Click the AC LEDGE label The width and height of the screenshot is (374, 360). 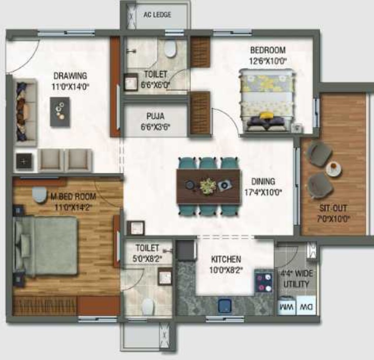click(x=157, y=15)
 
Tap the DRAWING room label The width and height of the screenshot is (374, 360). click(x=71, y=76)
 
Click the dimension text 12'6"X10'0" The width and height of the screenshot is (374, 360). click(x=267, y=60)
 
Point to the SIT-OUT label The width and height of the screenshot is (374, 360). click(x=332, y=209)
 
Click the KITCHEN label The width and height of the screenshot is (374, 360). click(x=226, y=259)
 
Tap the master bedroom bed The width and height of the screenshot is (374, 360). click(x=46, y=246)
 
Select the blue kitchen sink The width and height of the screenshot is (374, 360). click(x=223, y=306)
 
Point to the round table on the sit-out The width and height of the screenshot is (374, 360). click(x=334, y=168)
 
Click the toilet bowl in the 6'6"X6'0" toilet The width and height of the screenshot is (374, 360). click(x=171, y=50)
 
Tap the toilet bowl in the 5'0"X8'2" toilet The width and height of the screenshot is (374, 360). click(x=148, y=305)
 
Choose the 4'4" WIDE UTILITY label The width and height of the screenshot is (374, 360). click(x=297, y=279)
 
